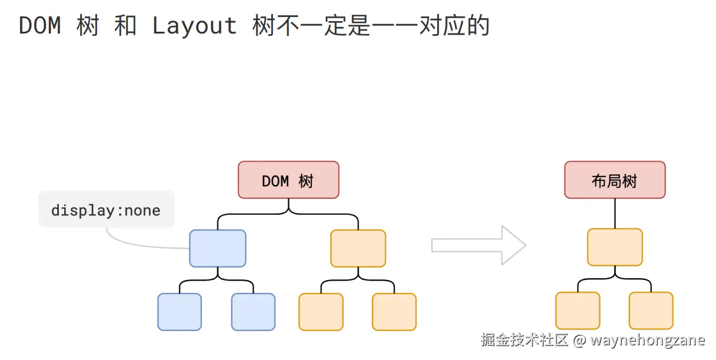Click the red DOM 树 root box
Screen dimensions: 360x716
tap(288, 180)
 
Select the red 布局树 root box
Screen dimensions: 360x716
tap(615, 180)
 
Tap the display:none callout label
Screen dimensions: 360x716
tap(106, 210)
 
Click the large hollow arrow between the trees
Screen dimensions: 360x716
tap(478, 245)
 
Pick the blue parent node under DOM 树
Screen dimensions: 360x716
tap(218, 248)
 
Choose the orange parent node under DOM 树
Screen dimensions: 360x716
tap(358, 248)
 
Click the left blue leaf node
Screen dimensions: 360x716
tap(179, 312)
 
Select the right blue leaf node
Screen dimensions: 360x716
tap(253, 312)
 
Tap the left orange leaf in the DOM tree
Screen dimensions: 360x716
tap(321, 312)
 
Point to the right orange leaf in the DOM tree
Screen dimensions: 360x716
tap(394, 312)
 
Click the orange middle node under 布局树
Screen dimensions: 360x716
tap(615, 247)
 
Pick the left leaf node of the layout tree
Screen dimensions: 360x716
tap(578, 311)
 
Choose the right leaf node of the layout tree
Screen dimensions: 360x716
tap(651, 311)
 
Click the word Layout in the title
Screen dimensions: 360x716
tap(194, 26)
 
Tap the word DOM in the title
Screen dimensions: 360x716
tap(40, 26)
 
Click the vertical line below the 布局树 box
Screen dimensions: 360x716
tap(615, 213)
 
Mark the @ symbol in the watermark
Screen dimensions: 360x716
tap(580, 340)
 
